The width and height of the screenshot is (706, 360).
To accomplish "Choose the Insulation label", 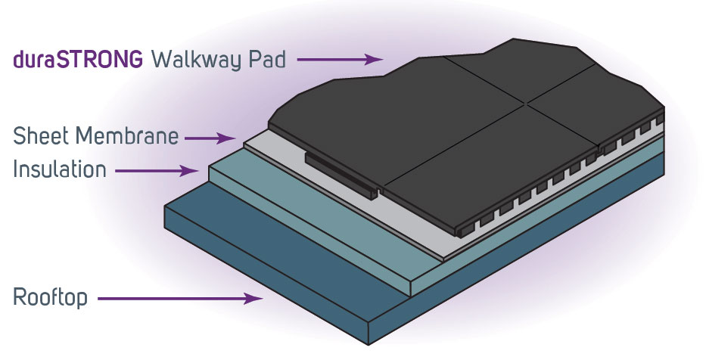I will click(60, 169).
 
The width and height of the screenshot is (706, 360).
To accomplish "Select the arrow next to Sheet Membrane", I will click(211, 138).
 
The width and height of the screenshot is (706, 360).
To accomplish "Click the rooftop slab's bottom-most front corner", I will click(369, 341).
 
